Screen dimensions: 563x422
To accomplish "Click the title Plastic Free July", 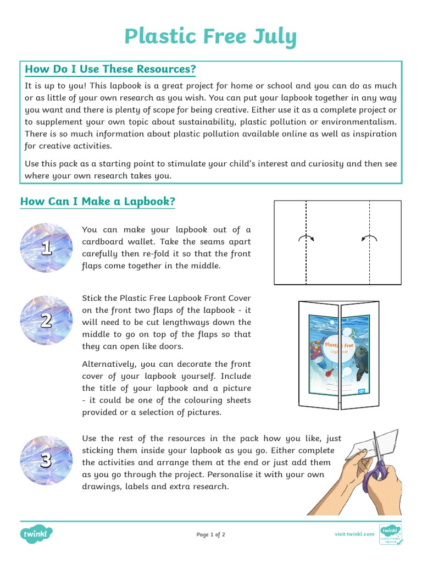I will point(210,36).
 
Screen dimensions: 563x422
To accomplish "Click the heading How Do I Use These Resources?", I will point(110,69).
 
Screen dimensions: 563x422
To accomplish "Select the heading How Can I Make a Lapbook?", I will point(98,202).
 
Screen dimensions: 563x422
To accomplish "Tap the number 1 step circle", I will point(46,248).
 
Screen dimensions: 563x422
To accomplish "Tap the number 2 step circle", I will point(46,321).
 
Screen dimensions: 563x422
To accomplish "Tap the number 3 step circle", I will point(46,461).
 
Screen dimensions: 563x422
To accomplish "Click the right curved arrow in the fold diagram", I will point(370,238).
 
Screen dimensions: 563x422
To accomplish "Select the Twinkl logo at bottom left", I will point(37,534).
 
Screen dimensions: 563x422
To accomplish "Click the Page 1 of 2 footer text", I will point(211,534).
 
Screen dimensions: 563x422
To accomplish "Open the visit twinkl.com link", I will point(354,534).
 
